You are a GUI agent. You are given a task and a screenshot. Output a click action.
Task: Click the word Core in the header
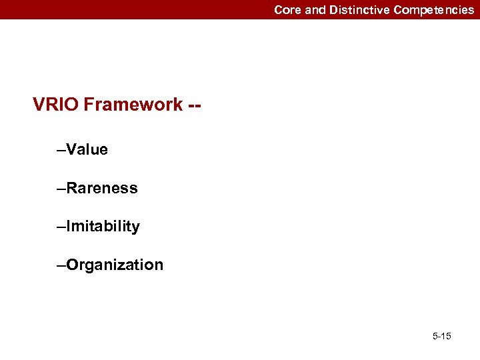coord(288,10)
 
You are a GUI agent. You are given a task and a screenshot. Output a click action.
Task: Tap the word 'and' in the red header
coord(316,10)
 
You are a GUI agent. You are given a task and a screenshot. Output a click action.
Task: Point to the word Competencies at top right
coord(434,10)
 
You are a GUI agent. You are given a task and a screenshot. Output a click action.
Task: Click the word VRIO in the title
coord(56,105)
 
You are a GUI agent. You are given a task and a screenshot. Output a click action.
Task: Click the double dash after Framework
coord(195,105)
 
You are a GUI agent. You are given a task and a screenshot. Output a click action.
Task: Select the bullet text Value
coord(87,150)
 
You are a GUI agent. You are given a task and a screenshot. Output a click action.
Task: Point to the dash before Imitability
coord(61,227)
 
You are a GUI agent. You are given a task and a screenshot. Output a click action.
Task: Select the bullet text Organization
coord(115,265)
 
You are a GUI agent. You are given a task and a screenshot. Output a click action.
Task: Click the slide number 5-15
coord(441,336)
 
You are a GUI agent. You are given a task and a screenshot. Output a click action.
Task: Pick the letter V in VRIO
coord(39,105)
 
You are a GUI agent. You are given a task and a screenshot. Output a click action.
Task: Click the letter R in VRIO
coord(51,105)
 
